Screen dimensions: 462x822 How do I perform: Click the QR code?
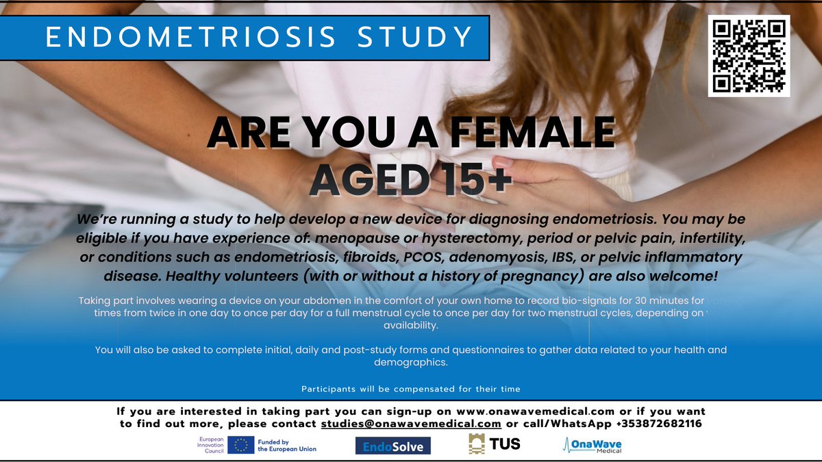click(749, 56)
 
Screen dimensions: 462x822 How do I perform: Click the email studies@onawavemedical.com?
click(411, 424)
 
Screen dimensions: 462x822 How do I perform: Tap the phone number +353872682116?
click(658, 424)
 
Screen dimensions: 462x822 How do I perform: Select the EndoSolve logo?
click(393, 446)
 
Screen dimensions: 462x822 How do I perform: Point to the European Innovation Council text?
click(210, 446)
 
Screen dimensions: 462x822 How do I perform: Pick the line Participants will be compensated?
click(410, 389)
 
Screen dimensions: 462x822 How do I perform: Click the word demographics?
click(410, 362)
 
